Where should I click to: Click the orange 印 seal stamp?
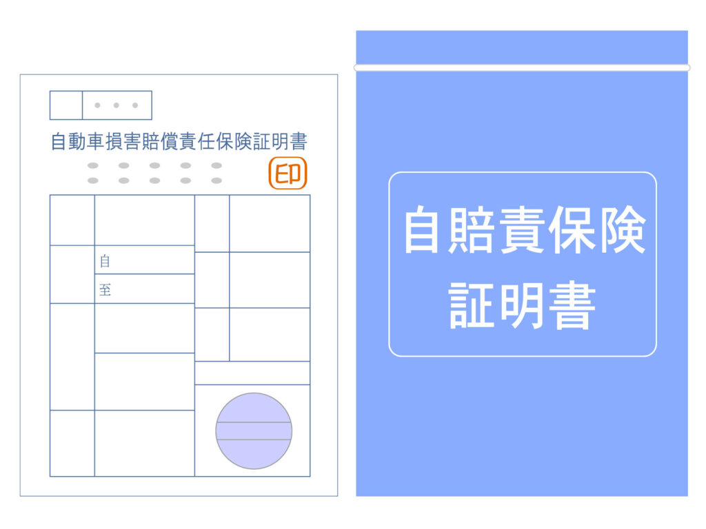pyautogui.click(x=288, y=173)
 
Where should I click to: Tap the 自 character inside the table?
pyautogui.click(x=105, y=261)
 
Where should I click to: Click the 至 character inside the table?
pyautogui.click(x=105, y=290)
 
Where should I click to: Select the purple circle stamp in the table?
pyautogui.click(x=254, y=431)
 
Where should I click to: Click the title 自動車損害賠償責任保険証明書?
pyautogui.click(x=179, y=141)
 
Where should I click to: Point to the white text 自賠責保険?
pyautogui.click(x=525, y=230)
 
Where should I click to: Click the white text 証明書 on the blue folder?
pyautogui.click(x=523, y=305)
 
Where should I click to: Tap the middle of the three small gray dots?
pyautogui.click(x=116, y=105)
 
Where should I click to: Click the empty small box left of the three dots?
pyautogui.click(x=66, y=105)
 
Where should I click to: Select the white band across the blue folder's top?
pyautogui.click(x=522, y=68)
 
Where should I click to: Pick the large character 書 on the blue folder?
pyautogui.click(x=572, y=305)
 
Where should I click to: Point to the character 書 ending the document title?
pyautogui.click(x=299, y=141)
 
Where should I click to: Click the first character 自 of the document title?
pyautogui.click(x=59, y=141)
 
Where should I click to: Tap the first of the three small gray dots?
pyautogui.click(x=97, y=105)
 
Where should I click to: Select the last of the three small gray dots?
pyautogui.click(x=135, y=105)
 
